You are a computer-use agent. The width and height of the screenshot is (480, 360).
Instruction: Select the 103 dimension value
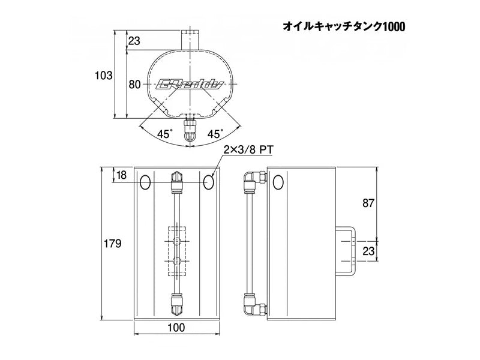[x=104, y=76]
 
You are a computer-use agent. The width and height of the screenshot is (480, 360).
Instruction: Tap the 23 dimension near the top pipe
[x=134, y=41]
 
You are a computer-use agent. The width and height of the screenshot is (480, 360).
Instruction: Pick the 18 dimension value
[x=121, y=175]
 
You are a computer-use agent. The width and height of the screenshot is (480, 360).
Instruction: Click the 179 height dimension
[x=112, y=244]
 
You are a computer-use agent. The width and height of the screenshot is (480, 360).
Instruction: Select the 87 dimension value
[x=368, y=203]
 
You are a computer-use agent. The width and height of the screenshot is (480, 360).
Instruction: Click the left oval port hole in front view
[x=145, y=182]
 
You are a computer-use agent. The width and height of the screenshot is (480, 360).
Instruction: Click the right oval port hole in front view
[x=208, y=182]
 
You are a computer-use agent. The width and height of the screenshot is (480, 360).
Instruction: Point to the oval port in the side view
[x=277, y=182]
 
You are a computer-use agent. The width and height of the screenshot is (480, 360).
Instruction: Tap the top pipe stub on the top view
[x=190, y=37]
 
